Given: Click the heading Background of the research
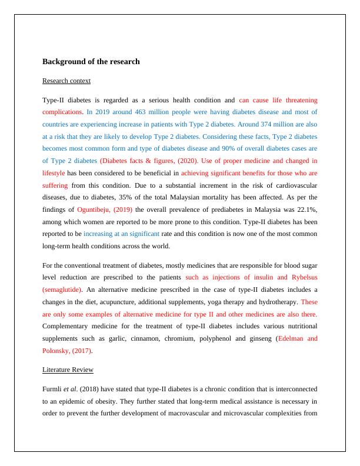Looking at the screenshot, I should pos(91,61).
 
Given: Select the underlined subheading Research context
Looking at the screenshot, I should pos(66,81).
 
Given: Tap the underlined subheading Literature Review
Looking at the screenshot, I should pos(68,370).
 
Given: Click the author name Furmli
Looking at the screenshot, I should pos(54,389).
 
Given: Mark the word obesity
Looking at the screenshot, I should pos(142,401).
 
